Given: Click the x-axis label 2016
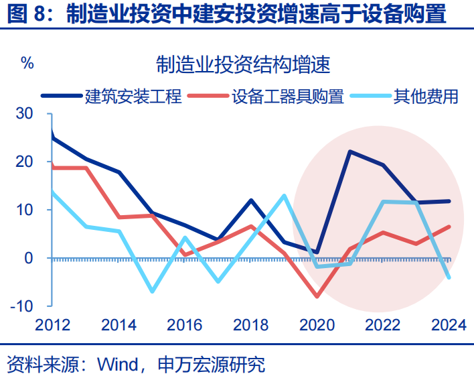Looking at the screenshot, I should coord(184,326).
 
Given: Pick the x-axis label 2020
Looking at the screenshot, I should coord(316,326).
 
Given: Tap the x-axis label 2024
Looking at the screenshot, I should coord(448,326).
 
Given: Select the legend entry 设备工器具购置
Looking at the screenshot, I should coord(288,97).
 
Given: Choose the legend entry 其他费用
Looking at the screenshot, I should coord(426,97).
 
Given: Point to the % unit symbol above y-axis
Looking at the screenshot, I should coord(27,64).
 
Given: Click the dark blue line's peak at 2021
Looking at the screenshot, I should coord(349,151).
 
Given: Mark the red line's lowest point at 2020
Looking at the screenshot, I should coord(317,296).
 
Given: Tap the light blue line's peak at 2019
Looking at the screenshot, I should coord(284,196).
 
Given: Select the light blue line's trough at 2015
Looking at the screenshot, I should coord(152,292).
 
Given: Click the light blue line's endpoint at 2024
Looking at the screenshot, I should coord(449,277).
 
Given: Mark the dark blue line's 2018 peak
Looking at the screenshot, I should coord(251,200).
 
